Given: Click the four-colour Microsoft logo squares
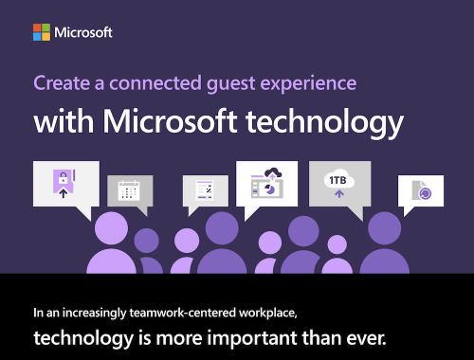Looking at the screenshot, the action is (x=42, y=32).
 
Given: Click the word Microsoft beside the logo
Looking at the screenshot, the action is (x=83, y=32).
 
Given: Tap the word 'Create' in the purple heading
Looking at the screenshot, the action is (x=62, y=83).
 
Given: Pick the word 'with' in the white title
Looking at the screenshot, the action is (x=64, y=120).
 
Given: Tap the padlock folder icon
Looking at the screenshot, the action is (x=64, y=184).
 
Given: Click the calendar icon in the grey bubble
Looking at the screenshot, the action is (x=129, y=190).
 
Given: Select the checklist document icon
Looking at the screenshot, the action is (x=204, y=189).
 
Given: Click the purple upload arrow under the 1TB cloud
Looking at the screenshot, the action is (x=339, y=193).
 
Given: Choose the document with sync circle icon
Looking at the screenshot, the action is (x=422, y=190).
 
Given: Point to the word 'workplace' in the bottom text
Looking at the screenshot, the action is (x=267, y=314).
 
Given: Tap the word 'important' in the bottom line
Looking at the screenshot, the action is (x=252, y=338).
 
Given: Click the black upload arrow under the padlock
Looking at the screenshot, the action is (x=64, y=193).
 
